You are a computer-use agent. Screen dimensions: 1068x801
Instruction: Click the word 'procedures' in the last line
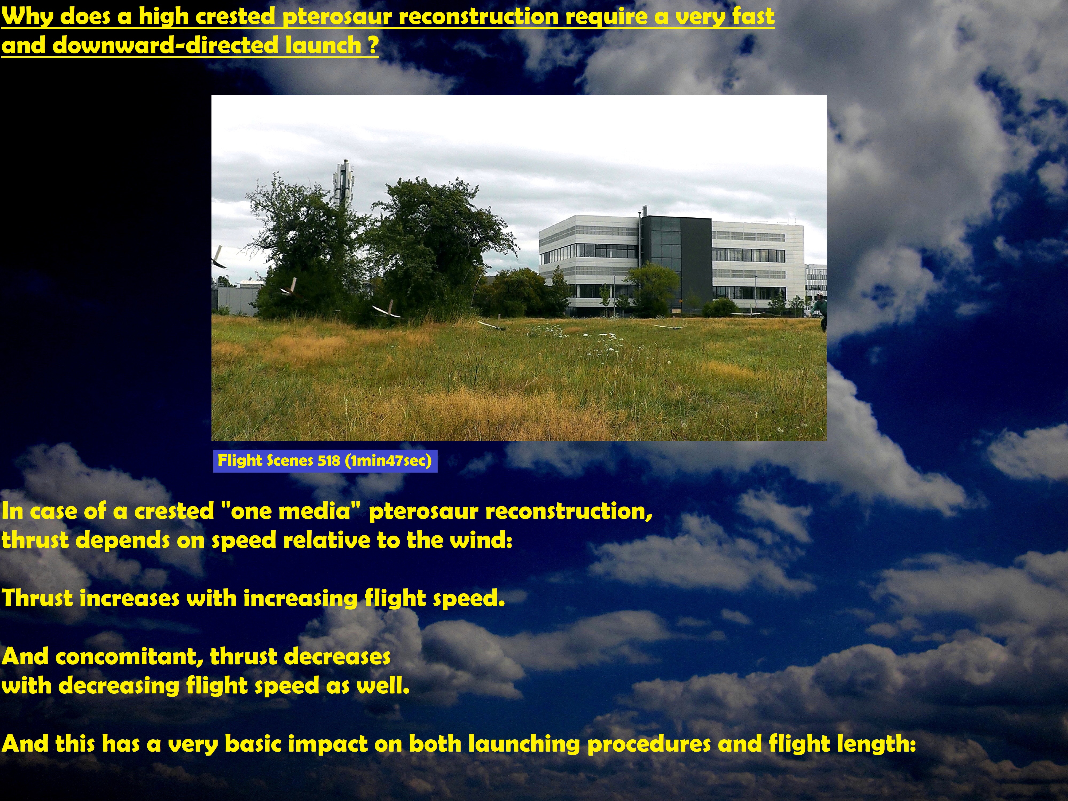pos(649,744)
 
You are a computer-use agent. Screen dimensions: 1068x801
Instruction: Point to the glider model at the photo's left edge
pos(218,257)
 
